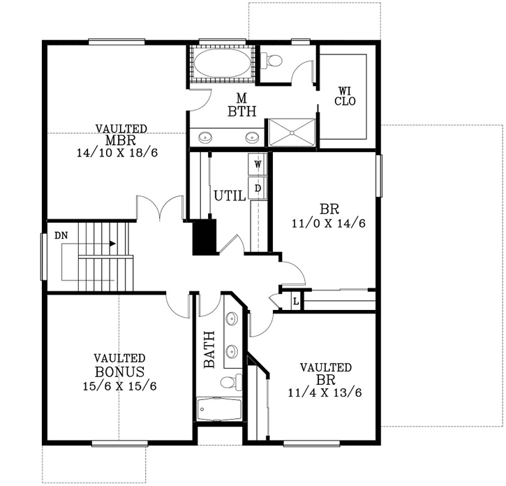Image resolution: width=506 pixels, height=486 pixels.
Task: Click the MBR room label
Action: (121, 140)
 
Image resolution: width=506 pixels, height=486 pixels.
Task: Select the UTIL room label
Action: (229, 196)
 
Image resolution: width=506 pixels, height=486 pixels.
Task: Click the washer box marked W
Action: (258, 164)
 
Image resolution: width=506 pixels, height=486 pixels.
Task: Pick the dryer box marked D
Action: (258, 187)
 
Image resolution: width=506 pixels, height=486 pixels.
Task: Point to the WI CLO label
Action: (345, 96)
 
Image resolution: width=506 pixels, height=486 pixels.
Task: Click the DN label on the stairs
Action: (61, 235)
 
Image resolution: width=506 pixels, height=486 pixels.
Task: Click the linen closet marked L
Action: (296, 302)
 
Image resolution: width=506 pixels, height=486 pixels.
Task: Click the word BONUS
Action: (119, 372)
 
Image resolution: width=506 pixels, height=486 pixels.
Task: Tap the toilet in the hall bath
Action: (230, 381)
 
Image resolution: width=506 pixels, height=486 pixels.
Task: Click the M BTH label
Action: (241, 104)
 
